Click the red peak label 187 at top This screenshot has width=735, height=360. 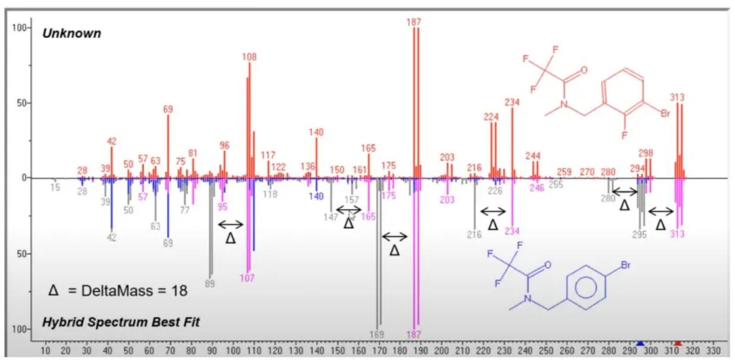(414, 22)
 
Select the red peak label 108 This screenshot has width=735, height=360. (249, 57)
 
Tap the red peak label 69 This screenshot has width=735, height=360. (168, 109)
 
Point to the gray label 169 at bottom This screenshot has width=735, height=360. (377, 334)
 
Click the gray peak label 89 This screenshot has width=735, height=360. (209, 284)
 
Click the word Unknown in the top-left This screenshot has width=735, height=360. (71, 34)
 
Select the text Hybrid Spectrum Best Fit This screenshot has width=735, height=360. (121, 323)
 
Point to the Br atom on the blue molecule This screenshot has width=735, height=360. (626, 266)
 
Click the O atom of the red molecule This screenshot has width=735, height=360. (584, 70)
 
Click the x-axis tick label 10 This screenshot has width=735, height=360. (45, 350)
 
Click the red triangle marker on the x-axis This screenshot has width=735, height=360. (677, 343)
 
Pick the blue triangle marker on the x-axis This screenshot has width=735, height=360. (640, 343)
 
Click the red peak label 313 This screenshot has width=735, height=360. (677, 97)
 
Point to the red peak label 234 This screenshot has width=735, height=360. (512, 102)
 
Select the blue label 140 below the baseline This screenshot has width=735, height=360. (316, 197)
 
